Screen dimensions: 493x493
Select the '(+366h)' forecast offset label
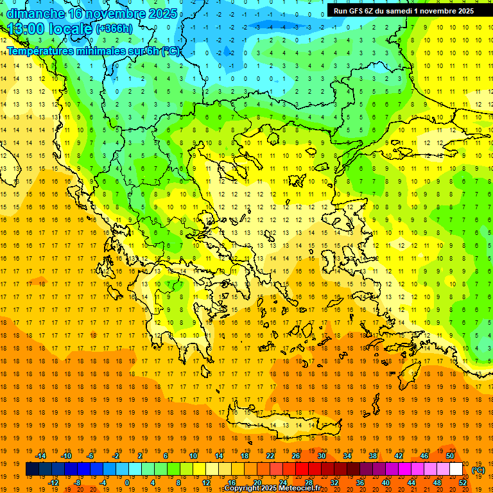click(114, 29)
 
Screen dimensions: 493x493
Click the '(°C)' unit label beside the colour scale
click(478, 470)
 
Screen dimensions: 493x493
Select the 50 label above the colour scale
click(450, 456)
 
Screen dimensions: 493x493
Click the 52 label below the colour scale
click(463, 483)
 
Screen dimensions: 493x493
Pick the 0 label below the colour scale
click(128, 483)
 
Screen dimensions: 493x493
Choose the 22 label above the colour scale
click(270, 456)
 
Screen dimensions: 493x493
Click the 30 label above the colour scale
click(322, 456)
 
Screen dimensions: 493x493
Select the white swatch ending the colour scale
click(456, 469)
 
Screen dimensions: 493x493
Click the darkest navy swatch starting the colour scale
click(32, 469)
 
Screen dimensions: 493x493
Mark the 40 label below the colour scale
click(386, 483)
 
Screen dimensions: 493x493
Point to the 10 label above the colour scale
click(193, 456)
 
